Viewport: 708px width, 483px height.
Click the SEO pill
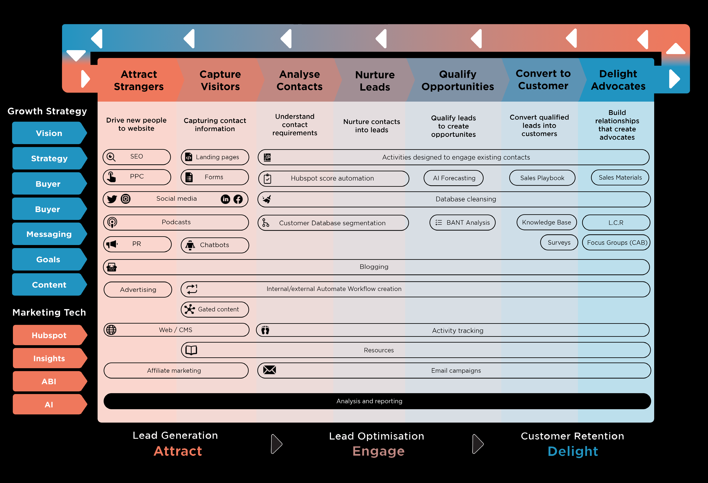(136, 157)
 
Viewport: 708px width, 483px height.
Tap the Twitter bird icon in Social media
(112, 199)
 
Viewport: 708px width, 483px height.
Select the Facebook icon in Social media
(238, 199)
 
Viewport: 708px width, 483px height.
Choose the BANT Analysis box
(462, 223)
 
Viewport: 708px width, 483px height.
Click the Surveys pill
(559, 242)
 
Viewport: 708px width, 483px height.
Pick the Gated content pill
(215, 309)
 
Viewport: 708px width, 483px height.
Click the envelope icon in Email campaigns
(269, 370)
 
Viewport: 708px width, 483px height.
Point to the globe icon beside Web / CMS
(111, 330)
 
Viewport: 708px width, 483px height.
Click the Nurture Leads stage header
(375, 81)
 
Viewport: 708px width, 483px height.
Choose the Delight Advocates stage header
(618, 80)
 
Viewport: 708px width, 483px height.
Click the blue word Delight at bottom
(573, 451)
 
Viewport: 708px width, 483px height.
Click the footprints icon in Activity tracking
(265, 330)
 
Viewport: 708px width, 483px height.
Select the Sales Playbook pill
(542, 178)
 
